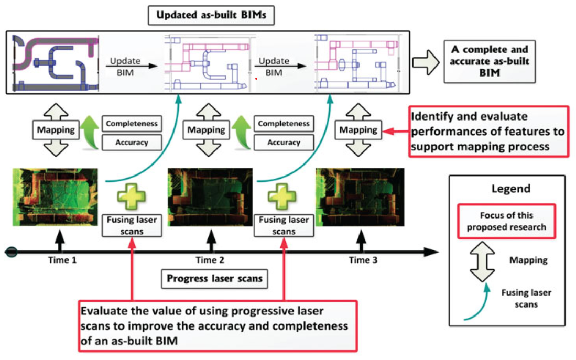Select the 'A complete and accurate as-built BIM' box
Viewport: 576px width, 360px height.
coord(490,61)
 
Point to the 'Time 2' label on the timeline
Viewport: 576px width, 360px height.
coord(210,260)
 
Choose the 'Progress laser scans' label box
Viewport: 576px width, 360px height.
coord(214,279)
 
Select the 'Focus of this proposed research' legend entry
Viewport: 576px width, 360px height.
coord(506,221)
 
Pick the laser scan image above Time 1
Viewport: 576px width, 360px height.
coord(55,197)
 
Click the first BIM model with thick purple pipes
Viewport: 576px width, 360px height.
coord(54,62)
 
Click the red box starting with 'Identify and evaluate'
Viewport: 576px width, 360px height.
coord(488,131)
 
